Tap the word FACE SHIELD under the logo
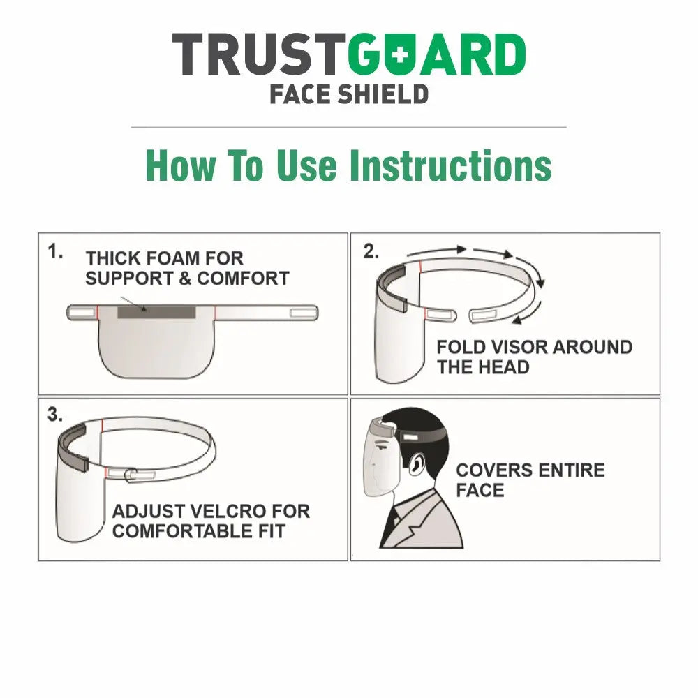[x=349, y=93]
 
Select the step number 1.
[x=55, y=251]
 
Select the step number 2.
[x=371, y=251]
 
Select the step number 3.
[x=55, y=414]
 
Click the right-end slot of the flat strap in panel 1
[x=302, y=312]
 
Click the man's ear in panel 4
[x=417, y=464]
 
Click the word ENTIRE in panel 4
[x=566, y=470]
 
